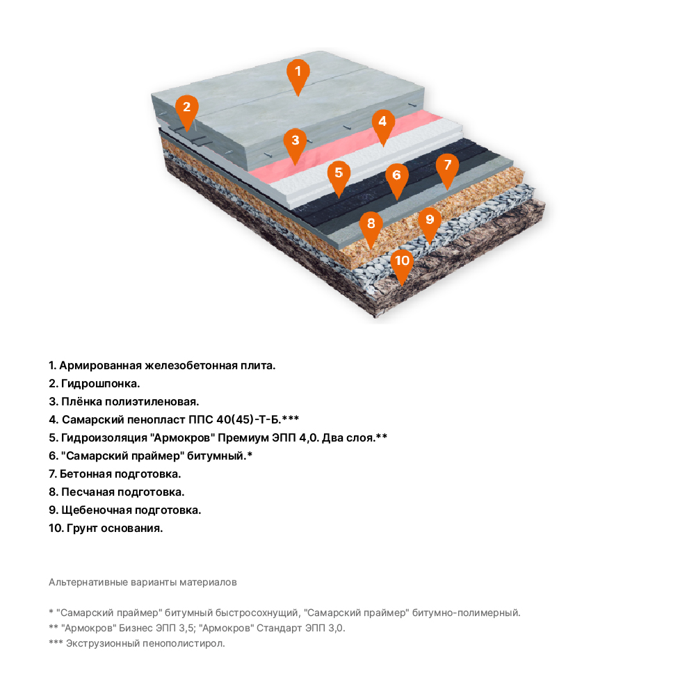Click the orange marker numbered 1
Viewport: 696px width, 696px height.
[298, 73]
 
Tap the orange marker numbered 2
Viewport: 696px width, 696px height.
[187, 109]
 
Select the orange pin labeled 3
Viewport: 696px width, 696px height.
[296, 143]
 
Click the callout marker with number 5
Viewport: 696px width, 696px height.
[339, 175]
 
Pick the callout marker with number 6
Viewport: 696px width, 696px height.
[397, 177]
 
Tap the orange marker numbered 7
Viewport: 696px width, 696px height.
[448, 168]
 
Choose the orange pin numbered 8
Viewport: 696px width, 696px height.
[371, 226]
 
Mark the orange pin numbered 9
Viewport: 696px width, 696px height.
[430, 222]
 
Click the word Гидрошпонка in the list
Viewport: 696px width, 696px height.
[100, 384]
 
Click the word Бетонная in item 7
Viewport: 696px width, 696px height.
[85, 474]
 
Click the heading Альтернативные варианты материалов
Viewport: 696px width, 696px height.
[143, 582]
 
